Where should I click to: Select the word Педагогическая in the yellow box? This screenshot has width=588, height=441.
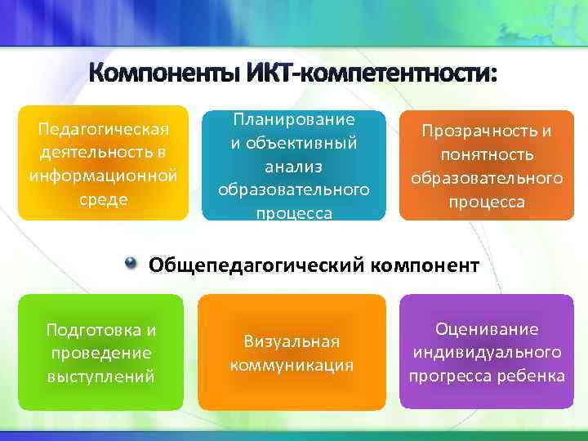[x=103, y=130]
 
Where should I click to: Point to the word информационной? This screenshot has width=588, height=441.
[x=103, y=176]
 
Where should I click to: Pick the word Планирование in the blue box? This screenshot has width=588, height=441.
[x=294, y=119]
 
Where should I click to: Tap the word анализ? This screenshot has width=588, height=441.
[x=294, y=166]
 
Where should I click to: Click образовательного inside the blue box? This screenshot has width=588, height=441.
[x=294, y=189]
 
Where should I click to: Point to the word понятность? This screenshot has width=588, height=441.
[x=487, y=154]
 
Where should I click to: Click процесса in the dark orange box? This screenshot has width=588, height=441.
[x=487, y=201]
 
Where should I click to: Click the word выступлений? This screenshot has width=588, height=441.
[x=101, y=376]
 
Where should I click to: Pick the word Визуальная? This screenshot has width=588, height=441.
[x=292, y=341]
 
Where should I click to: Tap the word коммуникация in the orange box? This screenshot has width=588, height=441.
[x=292, y=365]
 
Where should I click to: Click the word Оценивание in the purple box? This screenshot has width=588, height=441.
[x=487, y=329]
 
